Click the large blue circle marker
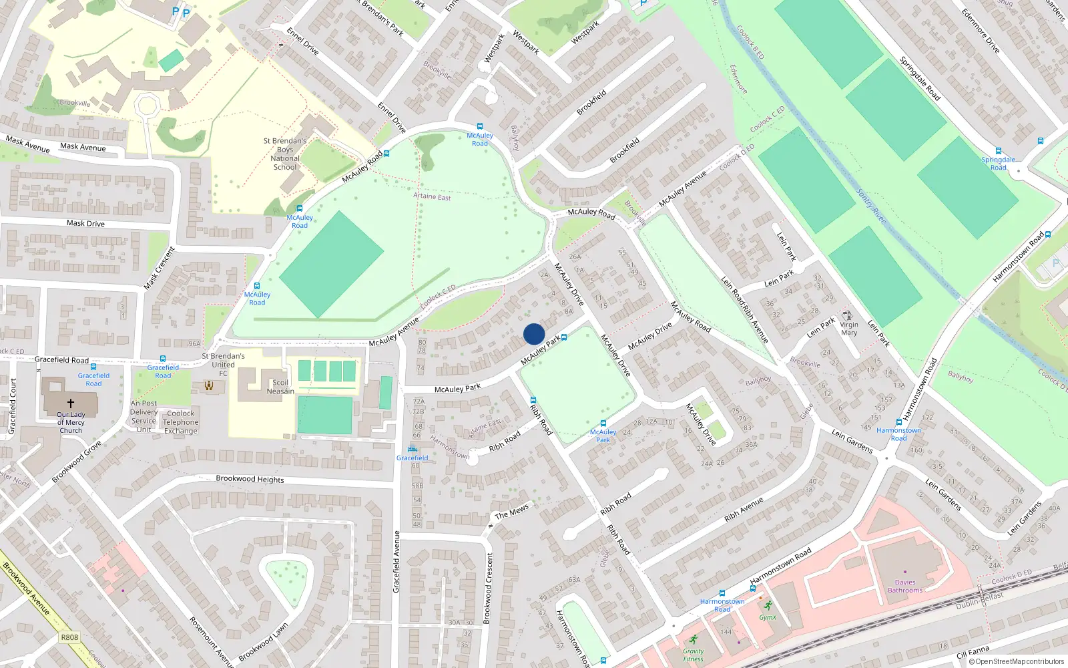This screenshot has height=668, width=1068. click(534, 334)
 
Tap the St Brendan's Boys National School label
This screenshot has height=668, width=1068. click(285, 154)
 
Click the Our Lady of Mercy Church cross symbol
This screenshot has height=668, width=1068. click(71, 403)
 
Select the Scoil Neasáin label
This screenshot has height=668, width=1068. click(280, 387)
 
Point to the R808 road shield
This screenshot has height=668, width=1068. click(69, 637)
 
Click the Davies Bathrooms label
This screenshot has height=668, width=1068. click(905, 587)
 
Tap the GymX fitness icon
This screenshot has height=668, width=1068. click(768, 606)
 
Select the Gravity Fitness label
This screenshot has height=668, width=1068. click(693, 655)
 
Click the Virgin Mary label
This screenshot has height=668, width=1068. click(849, 329)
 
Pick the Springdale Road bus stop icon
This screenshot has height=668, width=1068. click(999, 151)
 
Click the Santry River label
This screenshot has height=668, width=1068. click(871, 206)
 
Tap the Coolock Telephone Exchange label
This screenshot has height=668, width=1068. click(181, 422)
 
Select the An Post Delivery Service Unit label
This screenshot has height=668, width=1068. click(144, 416)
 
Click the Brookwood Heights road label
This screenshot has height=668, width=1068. click(250, 479)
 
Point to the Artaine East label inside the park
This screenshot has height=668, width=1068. click(432, 196)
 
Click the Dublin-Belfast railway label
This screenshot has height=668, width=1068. click(979, 601)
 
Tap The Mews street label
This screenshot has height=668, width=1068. click(512, 512)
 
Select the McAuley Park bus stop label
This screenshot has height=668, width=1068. click(603, 436)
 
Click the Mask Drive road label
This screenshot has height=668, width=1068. click(85, 223)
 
